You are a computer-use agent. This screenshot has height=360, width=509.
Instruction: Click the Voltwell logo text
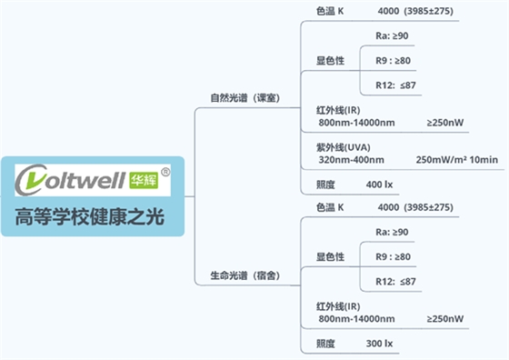pyautogui.click(x=71, y=181)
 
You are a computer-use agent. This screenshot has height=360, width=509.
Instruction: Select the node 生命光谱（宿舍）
pyautogui.click(x=245, y=275)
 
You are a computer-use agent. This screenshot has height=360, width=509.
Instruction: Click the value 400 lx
pyautogui.click(x=379, y=185)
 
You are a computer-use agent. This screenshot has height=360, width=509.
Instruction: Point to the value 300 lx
pyautogui.click(x=379, y=345)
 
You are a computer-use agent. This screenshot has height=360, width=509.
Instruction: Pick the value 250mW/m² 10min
pyautogui.click(x=456, y=160)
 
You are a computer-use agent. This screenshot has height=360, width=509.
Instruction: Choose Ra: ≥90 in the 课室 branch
pyautogui.click(x=392, y=36)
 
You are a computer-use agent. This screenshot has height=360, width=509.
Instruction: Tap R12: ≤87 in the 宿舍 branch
pyautogui.click(x=395, y=282)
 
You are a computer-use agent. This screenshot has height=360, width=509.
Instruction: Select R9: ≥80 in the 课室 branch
pyautogui.click(x=393, y=61)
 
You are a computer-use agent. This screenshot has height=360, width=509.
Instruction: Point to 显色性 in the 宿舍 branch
pyautogui.click(x=330, y=257)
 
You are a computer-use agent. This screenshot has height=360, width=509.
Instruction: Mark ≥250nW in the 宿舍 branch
pyautogui.click(x=444, y=319)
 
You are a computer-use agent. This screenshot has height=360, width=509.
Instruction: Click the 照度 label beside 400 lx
pyautogui.click(x=325, y=185)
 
